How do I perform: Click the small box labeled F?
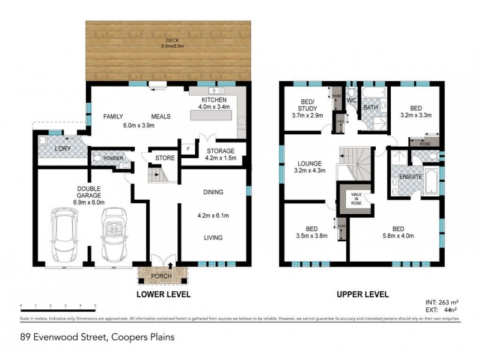pos(188,148)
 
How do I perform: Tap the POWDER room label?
pos(113,158)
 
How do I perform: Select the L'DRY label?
pos(63,148)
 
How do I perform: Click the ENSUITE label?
pos(402,177)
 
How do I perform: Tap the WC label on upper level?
pos(352,102)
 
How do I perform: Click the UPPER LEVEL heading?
pos(362,295)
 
